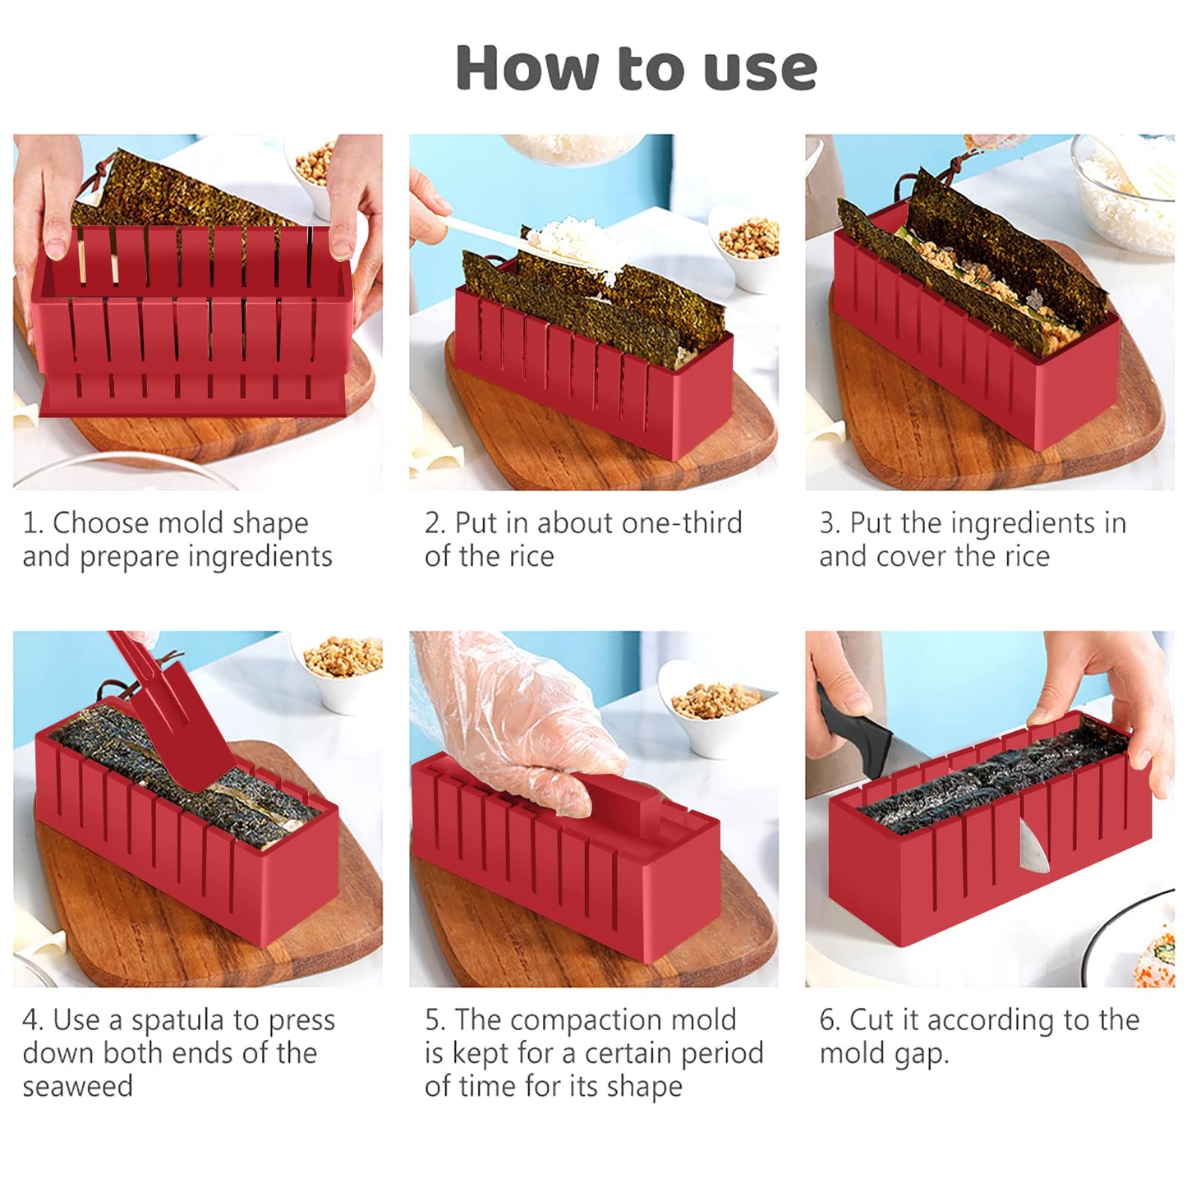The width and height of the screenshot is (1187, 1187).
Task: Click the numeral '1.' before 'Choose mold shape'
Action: point(33,523)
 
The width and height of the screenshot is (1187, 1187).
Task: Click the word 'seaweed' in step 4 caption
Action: point(77,1087)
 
